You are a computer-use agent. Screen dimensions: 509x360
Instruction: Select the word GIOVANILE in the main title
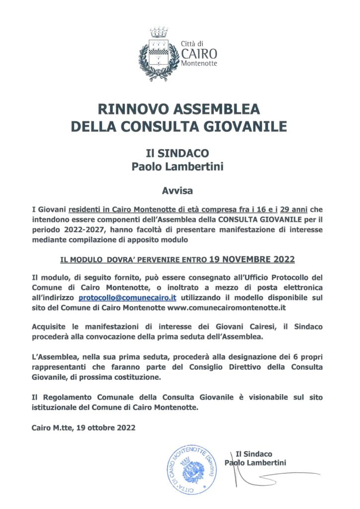(x=251, y=126)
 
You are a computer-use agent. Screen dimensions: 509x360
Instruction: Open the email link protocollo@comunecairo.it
(x=128, y=298)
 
